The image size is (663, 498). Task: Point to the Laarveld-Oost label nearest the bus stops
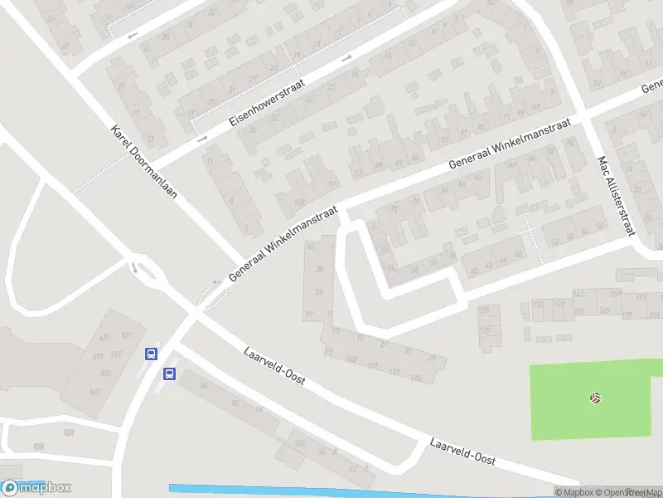[x=274, y=367]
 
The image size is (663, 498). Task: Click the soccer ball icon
[x=594, y=398]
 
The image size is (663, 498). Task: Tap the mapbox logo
[x=36, y=488]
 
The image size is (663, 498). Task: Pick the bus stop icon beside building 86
[x=169, y=373]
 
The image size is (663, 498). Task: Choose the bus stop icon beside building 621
[x=151, y=354]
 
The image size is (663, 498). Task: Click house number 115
[x=415, y=378]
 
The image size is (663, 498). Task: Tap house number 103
[x=351, y=359]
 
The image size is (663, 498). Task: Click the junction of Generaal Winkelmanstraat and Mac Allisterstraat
[x=586, y=117]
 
